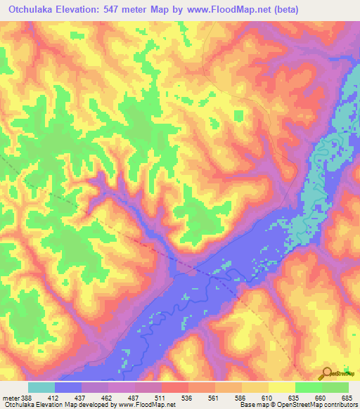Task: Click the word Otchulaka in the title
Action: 32,10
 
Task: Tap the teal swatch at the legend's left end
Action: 41,387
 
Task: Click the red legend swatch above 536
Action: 175,387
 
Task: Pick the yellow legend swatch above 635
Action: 282,387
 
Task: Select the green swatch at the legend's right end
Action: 335,387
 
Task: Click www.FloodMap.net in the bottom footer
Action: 143,405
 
